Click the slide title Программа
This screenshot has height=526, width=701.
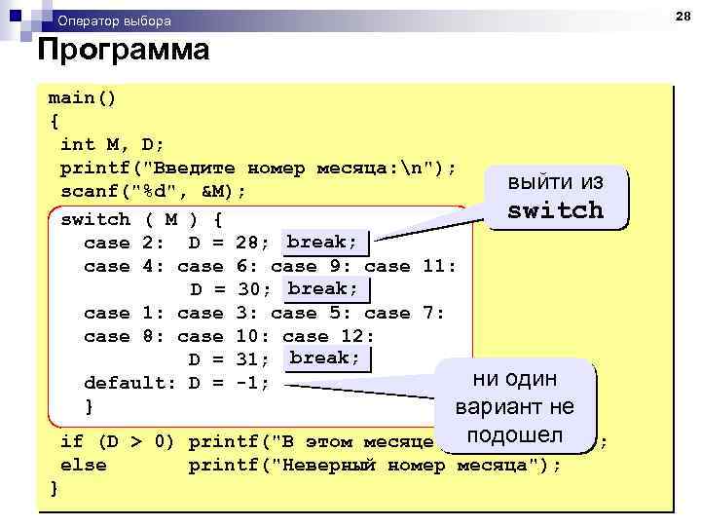[123, 51]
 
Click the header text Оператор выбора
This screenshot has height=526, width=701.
[114, 20]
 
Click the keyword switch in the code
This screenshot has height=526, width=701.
[94, 219]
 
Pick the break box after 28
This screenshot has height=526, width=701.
[322, 242]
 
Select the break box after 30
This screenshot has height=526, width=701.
[323, 288]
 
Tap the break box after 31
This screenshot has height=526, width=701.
[324, 358]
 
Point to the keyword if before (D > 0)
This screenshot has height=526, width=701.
[71, 441]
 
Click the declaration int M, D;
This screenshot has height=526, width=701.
[112, 144]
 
